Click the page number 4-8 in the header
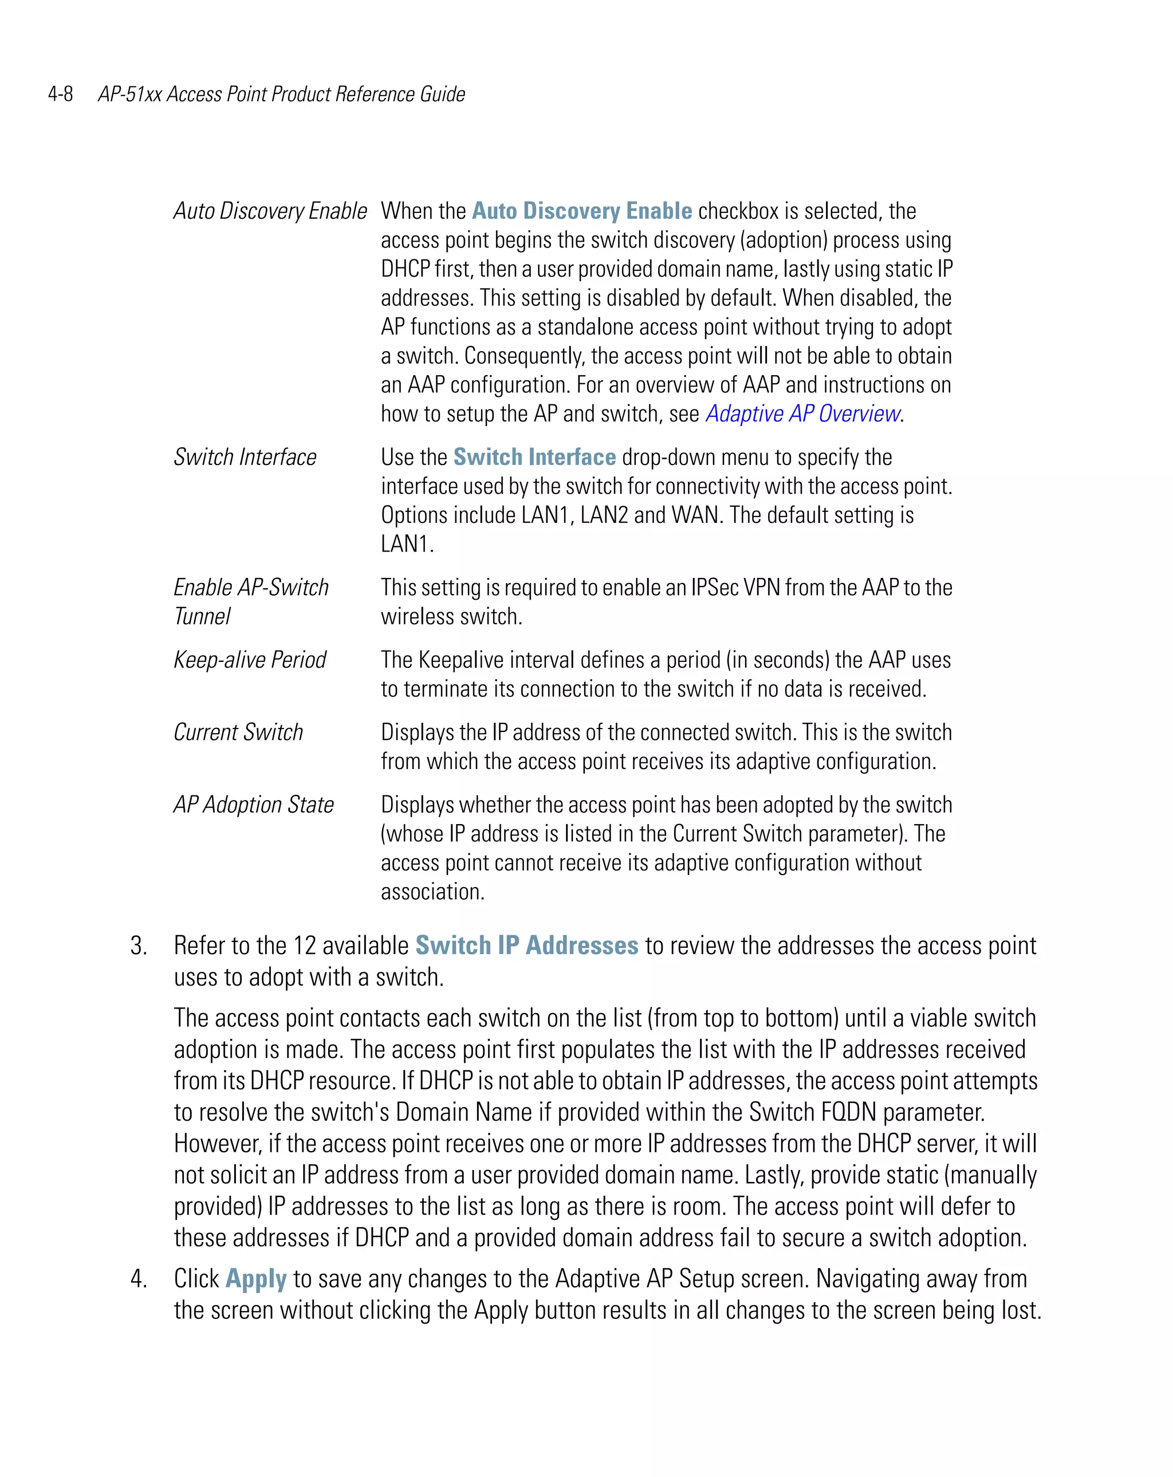(60, 94)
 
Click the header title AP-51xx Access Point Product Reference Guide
(281, 94)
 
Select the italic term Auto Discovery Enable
(270, 211)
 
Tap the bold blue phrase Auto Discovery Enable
(582, 211)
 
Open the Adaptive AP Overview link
(802, 414)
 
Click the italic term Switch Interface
(245, 457)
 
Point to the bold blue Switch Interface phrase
(534, 457)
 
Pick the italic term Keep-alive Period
(249, 660)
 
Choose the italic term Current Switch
(238, 732)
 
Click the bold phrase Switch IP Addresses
(526, 946)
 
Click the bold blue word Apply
(255, 1279)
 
